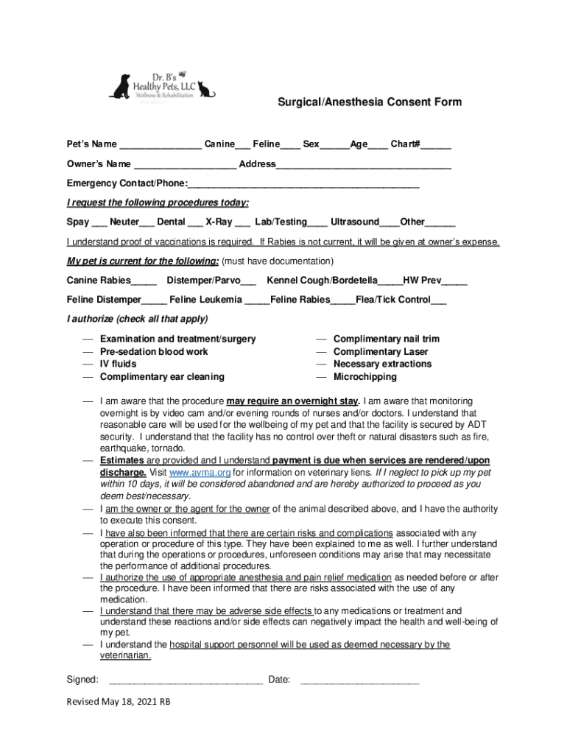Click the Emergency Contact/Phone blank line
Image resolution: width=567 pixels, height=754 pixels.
coord(303,184)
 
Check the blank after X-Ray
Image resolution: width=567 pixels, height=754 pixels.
coord(242,223)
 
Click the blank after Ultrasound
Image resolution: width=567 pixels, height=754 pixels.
coord(390,223)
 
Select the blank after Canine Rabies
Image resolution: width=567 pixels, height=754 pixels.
coord(144,281)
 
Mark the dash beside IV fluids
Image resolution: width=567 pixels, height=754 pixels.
coord(87,364)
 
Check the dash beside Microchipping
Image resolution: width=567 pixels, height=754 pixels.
coord(321,377)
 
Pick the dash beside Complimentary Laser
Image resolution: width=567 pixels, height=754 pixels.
coord(321,352)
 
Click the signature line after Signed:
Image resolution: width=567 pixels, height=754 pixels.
coord(185,680)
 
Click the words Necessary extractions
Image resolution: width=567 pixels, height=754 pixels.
coord(382,364)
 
